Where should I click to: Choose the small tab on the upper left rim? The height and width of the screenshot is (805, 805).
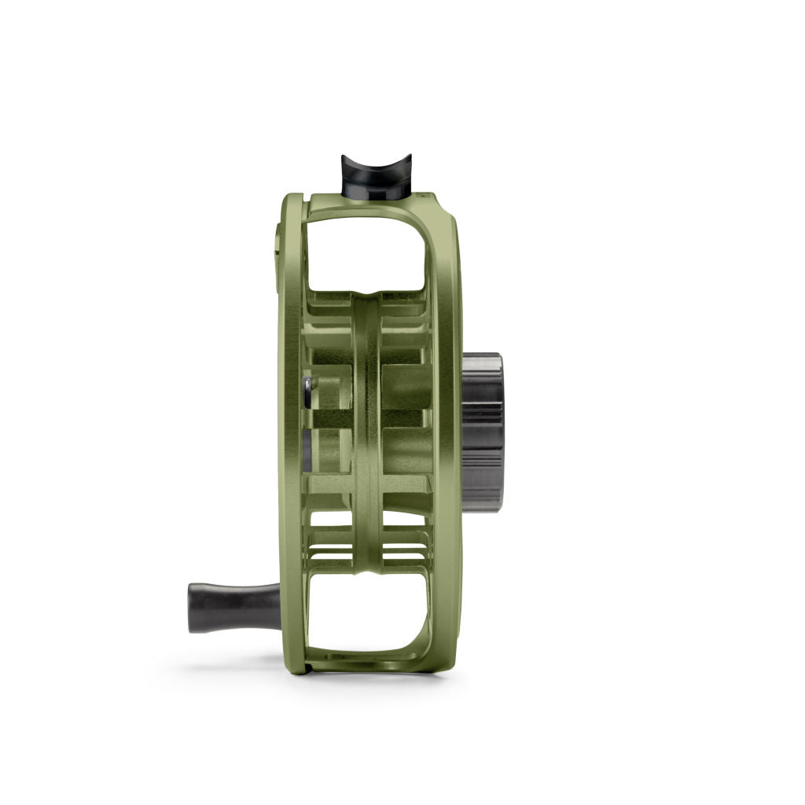[x=278, y=240]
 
